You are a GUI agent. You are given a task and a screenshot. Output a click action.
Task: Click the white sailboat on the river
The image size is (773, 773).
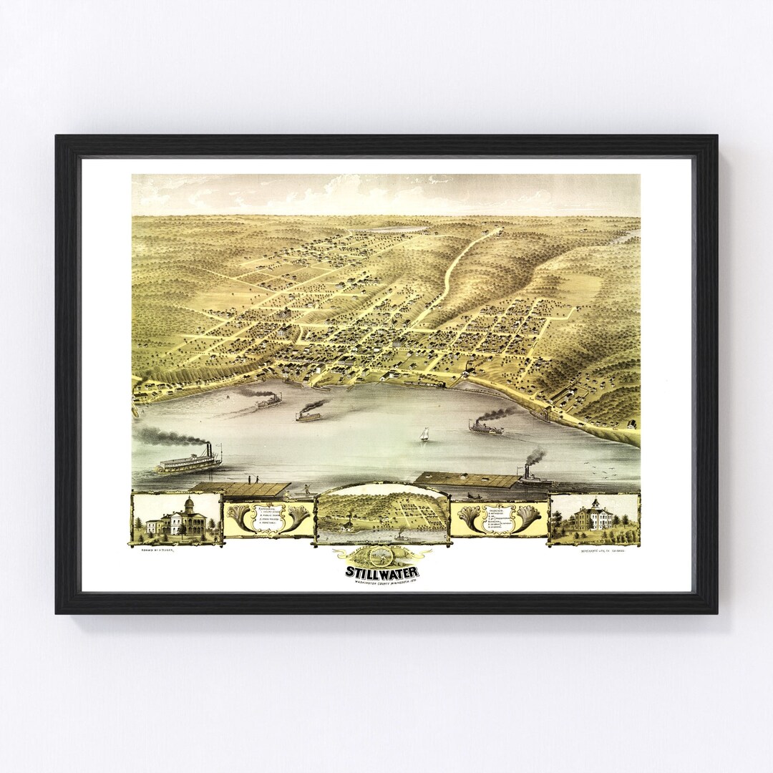(x=424, y=434)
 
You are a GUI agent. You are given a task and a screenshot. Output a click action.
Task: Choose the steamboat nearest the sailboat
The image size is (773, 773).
(x=486, y=428)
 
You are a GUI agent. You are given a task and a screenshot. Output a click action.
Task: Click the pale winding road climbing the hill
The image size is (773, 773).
(x=458, y=265)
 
